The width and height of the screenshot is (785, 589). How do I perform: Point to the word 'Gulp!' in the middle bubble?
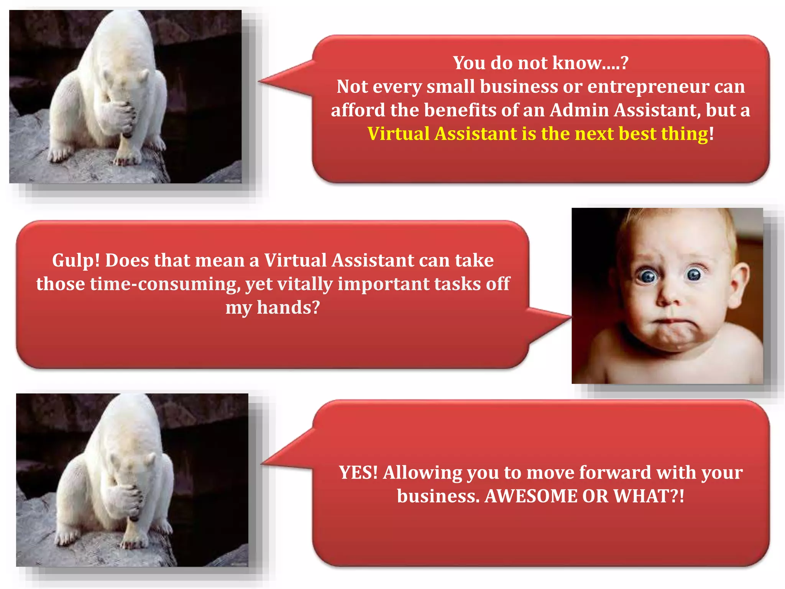click(76, 261)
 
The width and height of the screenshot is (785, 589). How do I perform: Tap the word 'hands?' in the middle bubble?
click(288, 308)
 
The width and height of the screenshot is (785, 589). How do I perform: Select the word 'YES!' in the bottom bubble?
click(358, 472)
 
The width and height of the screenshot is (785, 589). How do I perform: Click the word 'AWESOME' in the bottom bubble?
click(530, 496)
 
